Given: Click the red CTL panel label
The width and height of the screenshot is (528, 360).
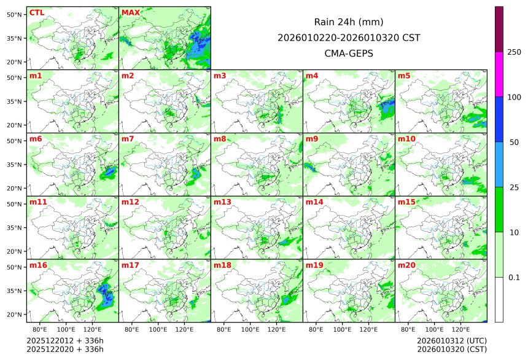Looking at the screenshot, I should point(36,13).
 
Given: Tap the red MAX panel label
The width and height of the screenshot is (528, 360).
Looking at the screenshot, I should point(131,13).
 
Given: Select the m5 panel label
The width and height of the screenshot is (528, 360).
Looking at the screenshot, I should point(404,76).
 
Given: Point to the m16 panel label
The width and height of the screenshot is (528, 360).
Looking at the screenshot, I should point(38,265).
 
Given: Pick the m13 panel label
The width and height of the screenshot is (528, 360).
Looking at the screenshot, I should point(222,202).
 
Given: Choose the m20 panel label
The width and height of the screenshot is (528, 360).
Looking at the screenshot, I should point(406,265).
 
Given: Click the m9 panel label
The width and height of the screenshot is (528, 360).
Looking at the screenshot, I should point(312,139).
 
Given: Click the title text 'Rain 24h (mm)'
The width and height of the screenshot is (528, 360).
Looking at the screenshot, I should point(348,22).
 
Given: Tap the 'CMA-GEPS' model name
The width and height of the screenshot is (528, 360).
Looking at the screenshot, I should point(348,53).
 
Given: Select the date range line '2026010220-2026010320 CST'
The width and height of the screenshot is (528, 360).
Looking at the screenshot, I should point(348,37).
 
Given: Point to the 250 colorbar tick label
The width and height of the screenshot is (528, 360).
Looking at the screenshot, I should point(514,52).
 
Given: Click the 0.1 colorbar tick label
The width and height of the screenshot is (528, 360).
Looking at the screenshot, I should point(514,278).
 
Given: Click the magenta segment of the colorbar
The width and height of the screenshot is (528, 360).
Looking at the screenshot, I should point(499,74).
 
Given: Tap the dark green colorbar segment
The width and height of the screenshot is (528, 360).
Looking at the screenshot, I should point(499,209).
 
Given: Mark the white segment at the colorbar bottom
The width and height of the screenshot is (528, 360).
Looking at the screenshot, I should point(499,299).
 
